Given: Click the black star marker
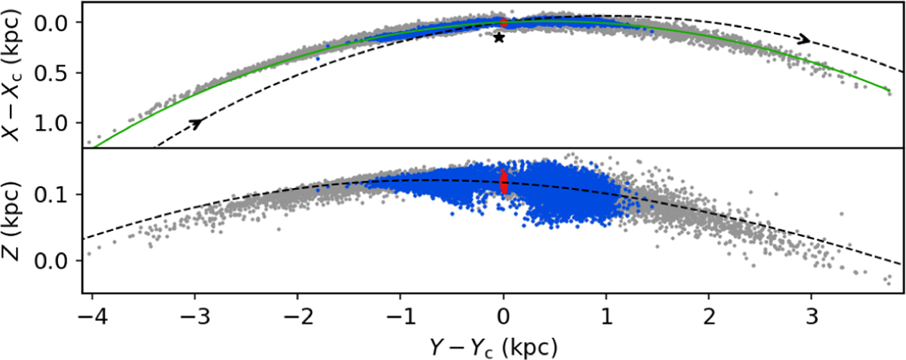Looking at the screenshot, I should [498, 37].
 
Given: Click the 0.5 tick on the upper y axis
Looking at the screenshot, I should [60, 72].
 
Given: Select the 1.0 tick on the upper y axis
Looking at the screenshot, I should [60, 122].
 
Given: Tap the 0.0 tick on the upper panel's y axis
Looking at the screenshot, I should [60, 23].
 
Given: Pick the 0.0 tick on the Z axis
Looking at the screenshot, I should [60, 261].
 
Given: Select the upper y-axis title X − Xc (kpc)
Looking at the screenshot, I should [15, 74].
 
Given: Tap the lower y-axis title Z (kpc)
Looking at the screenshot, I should [15, 220].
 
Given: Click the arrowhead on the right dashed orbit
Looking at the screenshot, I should [806, 39].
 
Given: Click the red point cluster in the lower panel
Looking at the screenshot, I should [504, 182].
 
